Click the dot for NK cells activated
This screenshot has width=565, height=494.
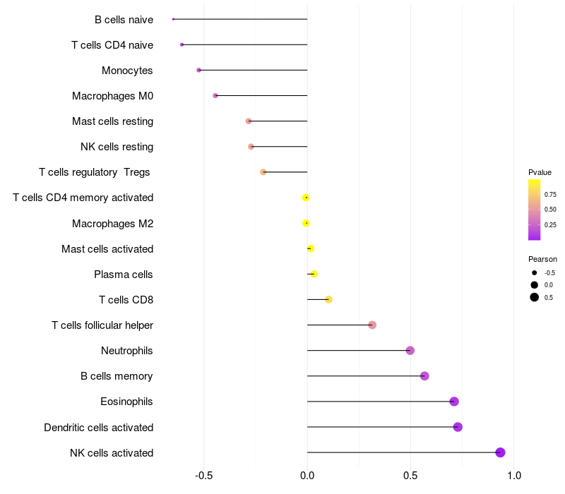click(x=500, y=452)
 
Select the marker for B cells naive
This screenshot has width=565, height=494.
click(x=173, y=19)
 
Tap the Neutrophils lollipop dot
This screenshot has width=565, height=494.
click(x=410, y=350)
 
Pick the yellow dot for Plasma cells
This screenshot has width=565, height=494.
click(x=314, y=274)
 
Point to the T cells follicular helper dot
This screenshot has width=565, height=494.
click(x=372, y=325)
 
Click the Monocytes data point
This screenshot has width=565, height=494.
click(x=198, y=70)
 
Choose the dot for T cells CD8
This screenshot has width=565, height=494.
click(x=328, y=299)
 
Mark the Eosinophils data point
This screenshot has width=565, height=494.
click(x=454, y=402)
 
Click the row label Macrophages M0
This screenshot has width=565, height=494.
click(x=112, y=96)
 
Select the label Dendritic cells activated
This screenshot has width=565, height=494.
click(x=99, y=428)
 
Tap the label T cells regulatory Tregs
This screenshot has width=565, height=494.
click(x=95, y=172)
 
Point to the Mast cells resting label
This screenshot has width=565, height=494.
click(x=112, y=121)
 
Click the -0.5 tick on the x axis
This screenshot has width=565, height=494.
click(x=203, y=476)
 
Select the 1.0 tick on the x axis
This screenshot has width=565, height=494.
click(x=514, y=476)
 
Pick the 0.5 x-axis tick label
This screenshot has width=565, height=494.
click(x=410, y=476)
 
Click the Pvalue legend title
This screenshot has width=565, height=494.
click(x=540, y=172)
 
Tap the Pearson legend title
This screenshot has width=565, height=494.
click(x=542, y=259)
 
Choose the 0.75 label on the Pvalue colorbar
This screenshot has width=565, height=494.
click(x=550, y=195)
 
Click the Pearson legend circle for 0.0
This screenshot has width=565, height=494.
click(x=535, y=285)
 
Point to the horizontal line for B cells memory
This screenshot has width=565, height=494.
click(x=366, y=376)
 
